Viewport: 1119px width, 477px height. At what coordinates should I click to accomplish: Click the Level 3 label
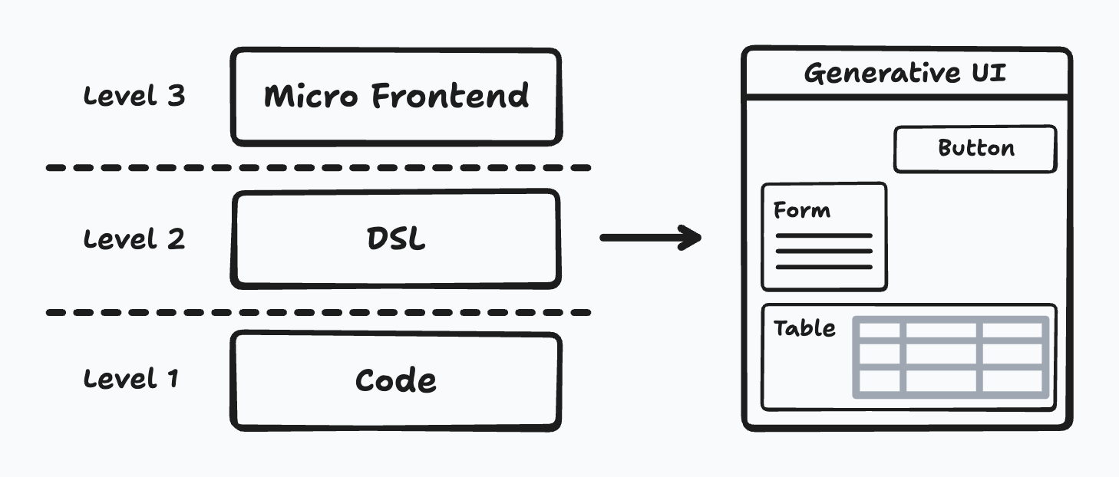pos(134,96)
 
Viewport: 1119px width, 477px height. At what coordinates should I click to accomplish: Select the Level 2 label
pos(134,239)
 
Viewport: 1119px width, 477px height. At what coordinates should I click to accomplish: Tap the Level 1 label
pos(131,379)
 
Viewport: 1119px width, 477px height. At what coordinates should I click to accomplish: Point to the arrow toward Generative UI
pos(650,238)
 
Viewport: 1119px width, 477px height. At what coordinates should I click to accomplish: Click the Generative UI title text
pos(905,73)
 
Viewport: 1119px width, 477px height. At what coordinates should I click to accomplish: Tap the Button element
pos(975,150)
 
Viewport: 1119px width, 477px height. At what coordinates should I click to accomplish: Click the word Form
pos(802,210)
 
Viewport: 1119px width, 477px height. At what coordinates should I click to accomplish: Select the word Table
pos(804,328)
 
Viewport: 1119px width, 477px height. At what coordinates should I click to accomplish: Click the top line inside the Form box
pos(824,235)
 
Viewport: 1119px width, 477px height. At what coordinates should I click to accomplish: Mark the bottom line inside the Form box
pos(824,267)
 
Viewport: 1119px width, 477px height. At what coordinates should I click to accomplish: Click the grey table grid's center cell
pos(941,354)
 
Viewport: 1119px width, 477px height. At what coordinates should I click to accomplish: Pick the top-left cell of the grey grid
pos(880,331)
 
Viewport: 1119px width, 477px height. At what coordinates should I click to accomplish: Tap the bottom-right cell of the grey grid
pos(1012,380)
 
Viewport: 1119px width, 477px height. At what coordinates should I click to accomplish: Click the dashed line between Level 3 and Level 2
pos(319,168)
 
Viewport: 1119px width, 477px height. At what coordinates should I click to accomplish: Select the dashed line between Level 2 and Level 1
pos(319,313)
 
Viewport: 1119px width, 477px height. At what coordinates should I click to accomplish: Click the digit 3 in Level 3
pos(177,96)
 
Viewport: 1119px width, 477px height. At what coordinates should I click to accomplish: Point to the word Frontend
pos(451,96)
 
